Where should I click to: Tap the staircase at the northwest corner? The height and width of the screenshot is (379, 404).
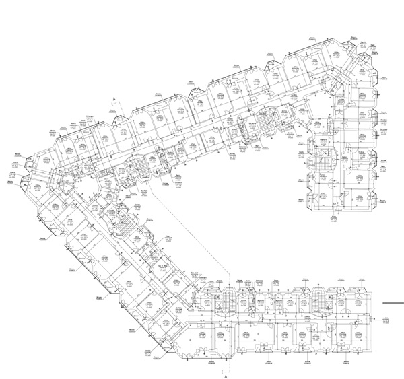(137, 166)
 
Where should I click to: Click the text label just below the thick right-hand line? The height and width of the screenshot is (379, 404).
(388, 320)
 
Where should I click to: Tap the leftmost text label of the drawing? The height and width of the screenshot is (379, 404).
(10, 182)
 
